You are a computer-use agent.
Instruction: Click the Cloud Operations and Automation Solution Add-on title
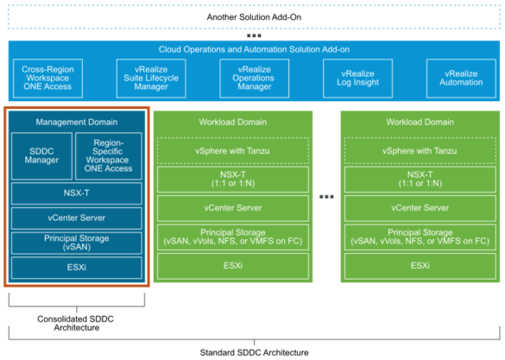pyautogui.click(x=252, y=50)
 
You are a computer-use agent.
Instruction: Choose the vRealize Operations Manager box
pyautogui.click(x=253, y=78)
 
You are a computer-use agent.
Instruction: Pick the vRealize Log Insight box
pyautogui.click(x=357, y=78)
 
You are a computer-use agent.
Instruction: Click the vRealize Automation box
pyautogui.click(x=461, y=78)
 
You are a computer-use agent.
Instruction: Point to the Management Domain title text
pyautogui.click(x=78, y=122)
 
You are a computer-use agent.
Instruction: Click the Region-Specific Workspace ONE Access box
pyautogui.click(x=109, y=156)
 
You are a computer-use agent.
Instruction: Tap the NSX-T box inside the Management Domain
pyautogui.click(x=77, y=193)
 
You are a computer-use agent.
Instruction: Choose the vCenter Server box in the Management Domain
pyautogui.click(x=77, y=217)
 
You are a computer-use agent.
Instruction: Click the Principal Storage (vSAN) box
pyautogui.click(x=77, y=242)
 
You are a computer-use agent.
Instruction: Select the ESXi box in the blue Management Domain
pyautogui.click(x=77, y=267)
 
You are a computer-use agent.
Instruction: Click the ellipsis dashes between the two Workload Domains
pyautogui.click(x=325, y=197)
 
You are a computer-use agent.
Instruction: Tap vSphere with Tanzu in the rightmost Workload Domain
pyautogui.click(x=420, y=151)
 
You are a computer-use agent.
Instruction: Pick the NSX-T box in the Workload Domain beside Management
pyautogui.click(x=232, y=180)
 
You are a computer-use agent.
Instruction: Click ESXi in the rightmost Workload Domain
pyautogui.click(x=420, y=266)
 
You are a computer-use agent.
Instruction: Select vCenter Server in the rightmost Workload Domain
pyautogui.click(x=420, y=208)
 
